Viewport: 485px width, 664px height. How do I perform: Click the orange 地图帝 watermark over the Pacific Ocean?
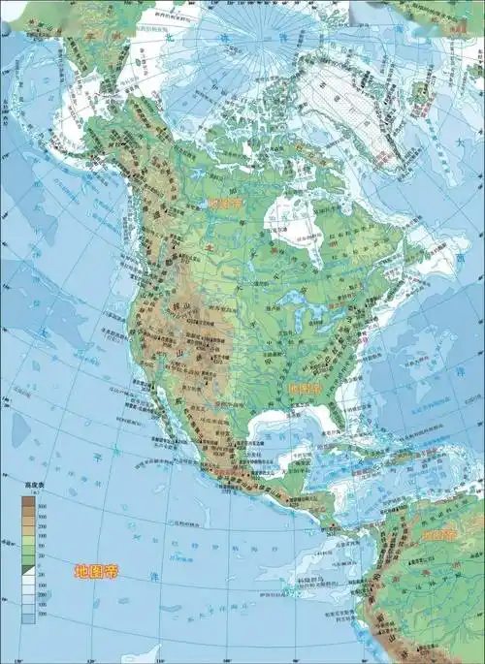pos(96,571)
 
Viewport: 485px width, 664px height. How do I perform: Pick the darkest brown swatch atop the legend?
pos(28,502)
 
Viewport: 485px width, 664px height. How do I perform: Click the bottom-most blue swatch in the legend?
pos(28,617)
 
